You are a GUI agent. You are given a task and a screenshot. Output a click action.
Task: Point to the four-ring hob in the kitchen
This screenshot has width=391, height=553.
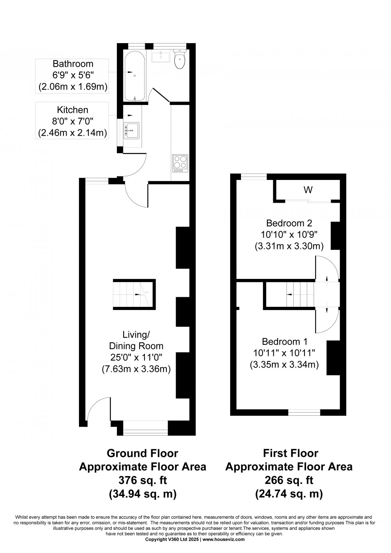[180, 163]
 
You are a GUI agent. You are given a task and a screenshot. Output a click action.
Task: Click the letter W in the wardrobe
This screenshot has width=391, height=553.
[308, 190]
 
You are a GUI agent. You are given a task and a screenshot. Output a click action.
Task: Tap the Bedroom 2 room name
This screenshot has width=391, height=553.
[289, 223]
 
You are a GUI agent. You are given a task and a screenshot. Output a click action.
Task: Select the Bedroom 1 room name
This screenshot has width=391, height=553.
[284, 342]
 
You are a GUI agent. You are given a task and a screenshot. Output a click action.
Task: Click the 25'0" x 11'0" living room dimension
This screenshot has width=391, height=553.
[136, 357]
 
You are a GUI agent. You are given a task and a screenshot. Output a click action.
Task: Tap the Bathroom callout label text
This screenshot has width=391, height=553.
[73, 64]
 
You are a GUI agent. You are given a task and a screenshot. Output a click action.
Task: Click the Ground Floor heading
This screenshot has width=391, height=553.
[142, 453]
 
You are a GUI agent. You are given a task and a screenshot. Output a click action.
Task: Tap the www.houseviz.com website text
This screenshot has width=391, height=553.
[223, 539]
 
